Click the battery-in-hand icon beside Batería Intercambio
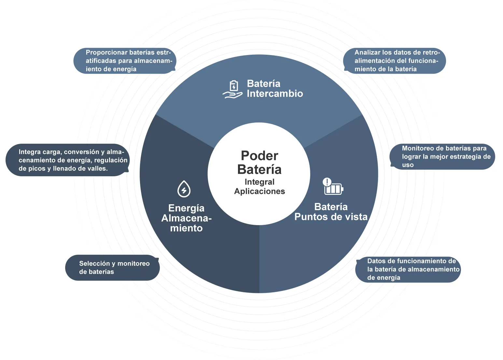point(232,89)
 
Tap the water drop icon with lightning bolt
point(184,189)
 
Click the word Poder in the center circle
point(259,155)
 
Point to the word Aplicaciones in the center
point(259,191)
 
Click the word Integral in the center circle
point(259,182)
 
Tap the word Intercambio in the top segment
point(275,94)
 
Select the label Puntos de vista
point(331,217)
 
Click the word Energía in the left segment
point(186,208)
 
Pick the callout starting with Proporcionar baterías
point(125,61)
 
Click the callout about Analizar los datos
point(395,61)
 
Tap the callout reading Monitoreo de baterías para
point(442,157)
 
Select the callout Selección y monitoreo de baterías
point(113,268)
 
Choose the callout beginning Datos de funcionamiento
point(408,269)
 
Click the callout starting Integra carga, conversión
point(68,160)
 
